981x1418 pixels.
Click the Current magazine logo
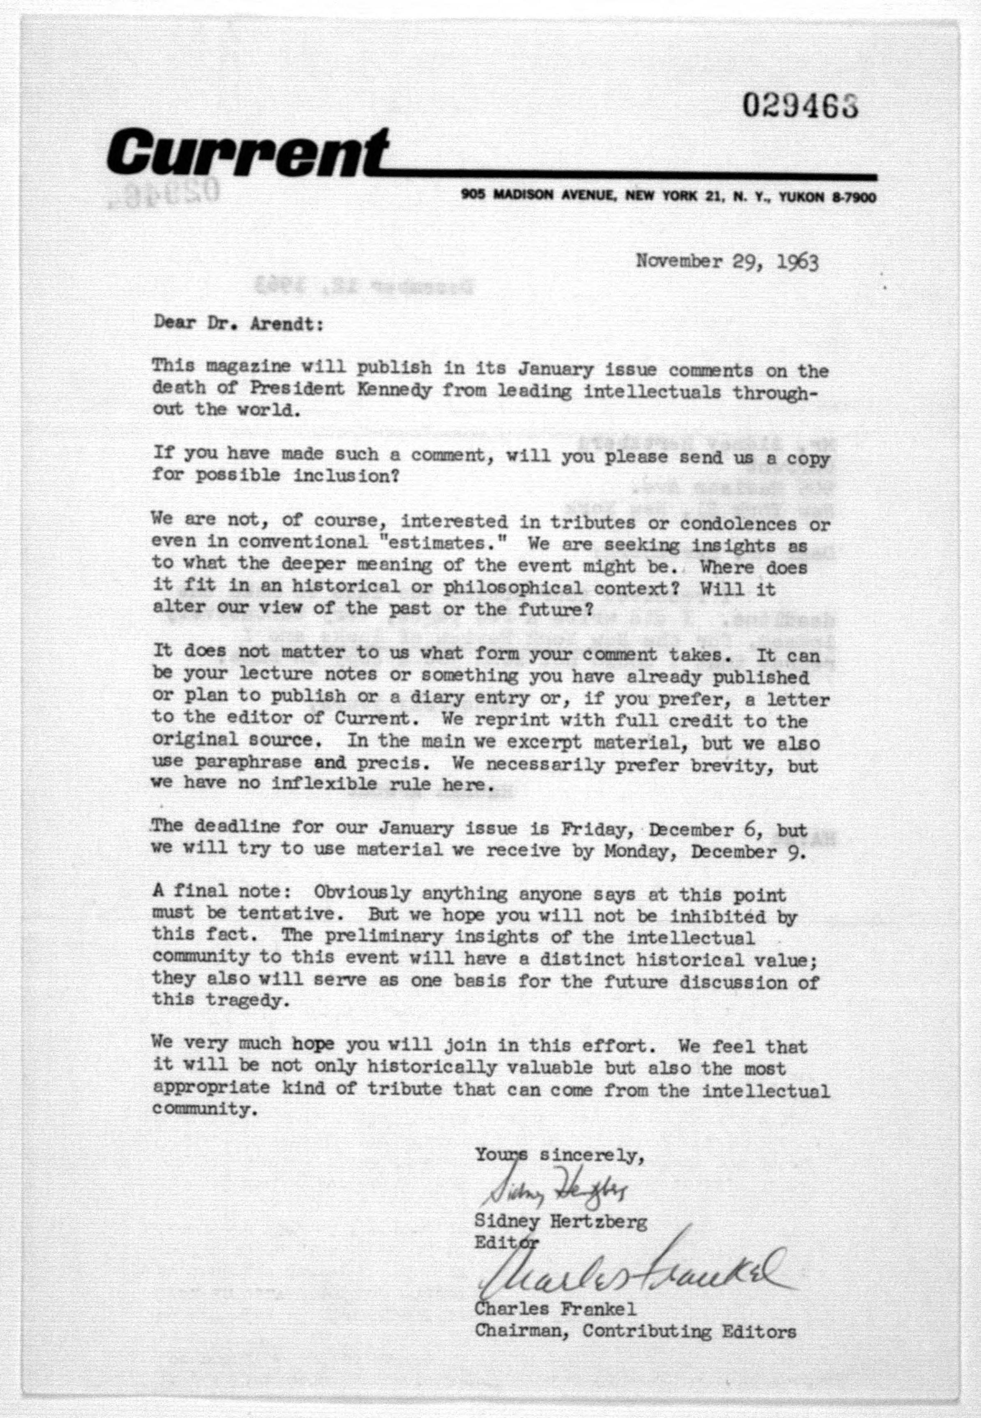pos(246,150)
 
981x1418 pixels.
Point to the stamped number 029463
pos(800,106)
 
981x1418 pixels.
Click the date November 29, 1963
pos(727,262)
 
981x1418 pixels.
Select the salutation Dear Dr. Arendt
pos(238,322)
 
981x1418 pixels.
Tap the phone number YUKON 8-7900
pos(827,197)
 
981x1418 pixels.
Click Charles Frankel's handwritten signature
pos(633,1268)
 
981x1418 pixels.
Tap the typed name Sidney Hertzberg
pos(560,1222)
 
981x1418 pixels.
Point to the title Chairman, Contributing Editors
pos(635,1332)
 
